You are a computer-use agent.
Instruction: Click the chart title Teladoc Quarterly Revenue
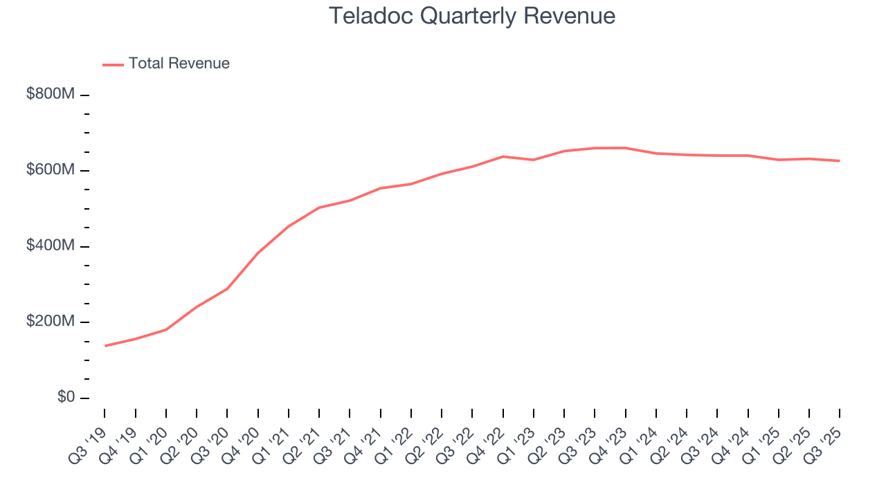coord(472,16)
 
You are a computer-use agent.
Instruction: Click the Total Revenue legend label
coord(179,64)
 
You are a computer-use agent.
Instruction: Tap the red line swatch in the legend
coord(113,64)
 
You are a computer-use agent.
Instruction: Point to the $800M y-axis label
coord(50,95)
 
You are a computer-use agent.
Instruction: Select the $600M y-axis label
coord(50,170)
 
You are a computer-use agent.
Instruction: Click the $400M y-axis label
coord(50,246)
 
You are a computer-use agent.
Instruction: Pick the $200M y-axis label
coord(50,322)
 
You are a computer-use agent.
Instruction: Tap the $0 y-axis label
coord(65,398)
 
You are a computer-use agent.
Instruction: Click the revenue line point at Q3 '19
coord(105,346)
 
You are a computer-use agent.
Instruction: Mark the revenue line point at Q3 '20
coord(227,288)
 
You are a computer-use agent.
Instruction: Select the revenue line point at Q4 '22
coord(503,156)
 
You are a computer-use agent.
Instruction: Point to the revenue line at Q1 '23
coord(533,160)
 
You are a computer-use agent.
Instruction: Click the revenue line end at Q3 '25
coord(839,161)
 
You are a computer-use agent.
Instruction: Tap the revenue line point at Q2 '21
coord(319,207)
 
